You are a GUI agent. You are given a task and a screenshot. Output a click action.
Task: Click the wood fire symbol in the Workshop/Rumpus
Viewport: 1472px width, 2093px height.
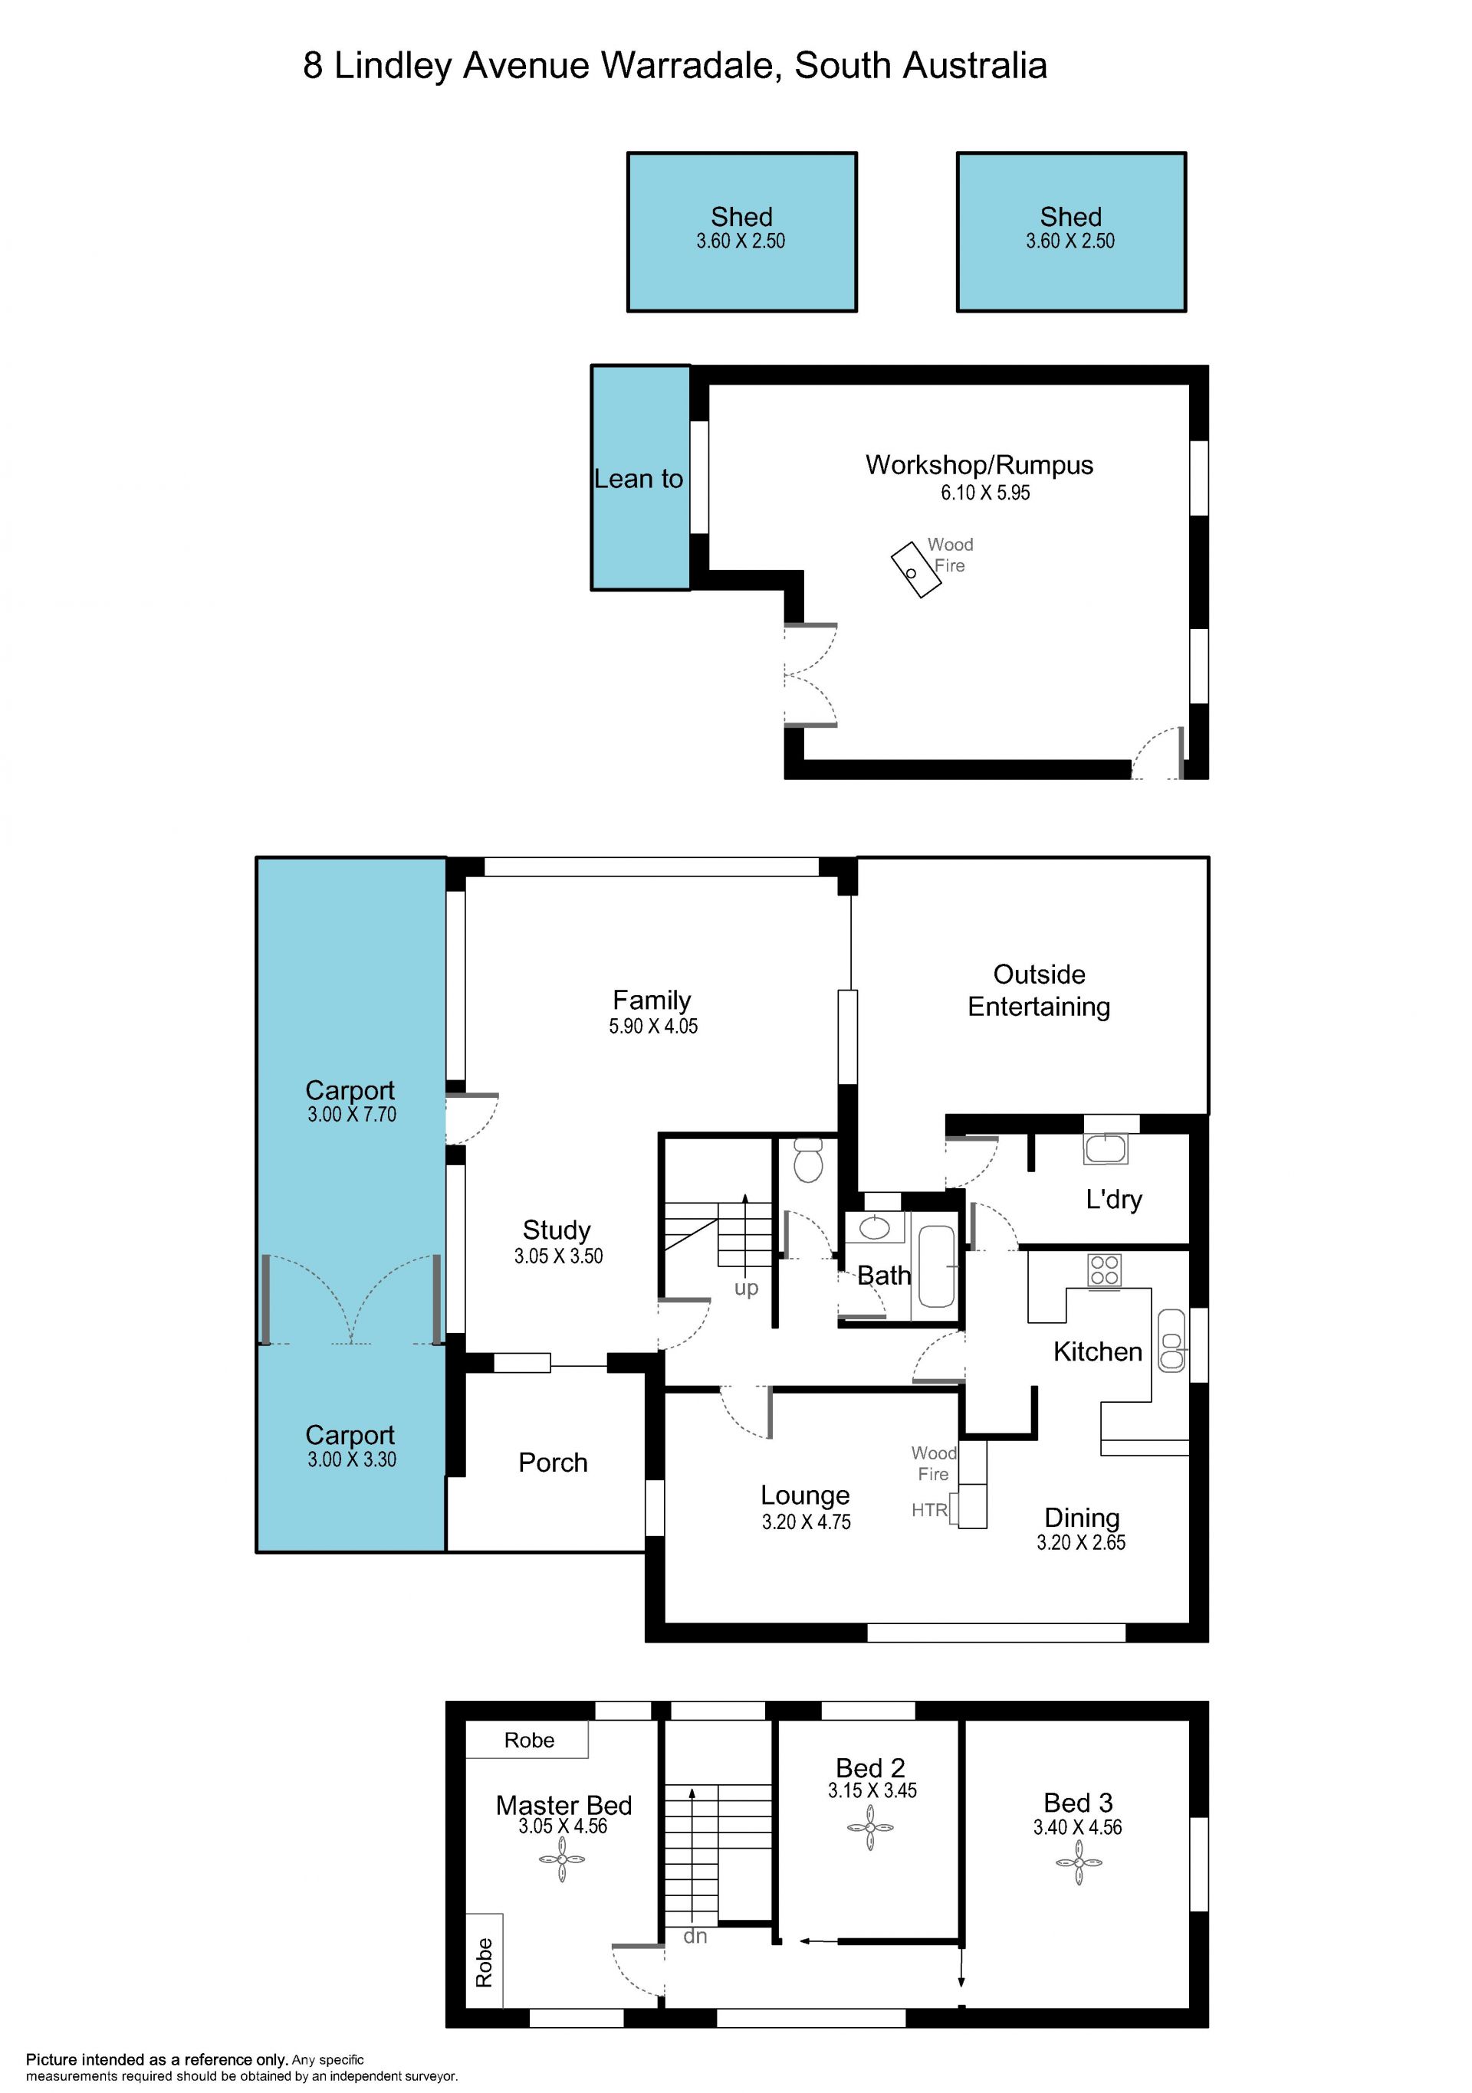coord(915,570)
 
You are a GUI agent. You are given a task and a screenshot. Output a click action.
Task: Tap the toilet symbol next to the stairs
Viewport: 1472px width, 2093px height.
coord(809,1161)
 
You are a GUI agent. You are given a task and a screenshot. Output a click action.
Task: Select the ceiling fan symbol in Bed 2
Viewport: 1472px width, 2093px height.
coord(870,1828)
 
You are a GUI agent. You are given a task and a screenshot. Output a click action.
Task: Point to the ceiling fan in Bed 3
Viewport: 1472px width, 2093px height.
coord(1079,1864)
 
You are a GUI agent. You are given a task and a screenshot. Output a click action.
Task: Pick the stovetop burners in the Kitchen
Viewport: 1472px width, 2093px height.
coord(1105,1270)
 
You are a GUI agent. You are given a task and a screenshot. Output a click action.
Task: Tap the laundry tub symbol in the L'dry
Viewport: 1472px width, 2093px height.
coord(1106,1148)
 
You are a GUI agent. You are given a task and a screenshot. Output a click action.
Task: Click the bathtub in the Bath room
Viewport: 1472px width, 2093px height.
coord(936,1266)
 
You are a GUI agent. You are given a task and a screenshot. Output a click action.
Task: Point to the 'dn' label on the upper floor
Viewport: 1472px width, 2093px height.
coord(695,1935)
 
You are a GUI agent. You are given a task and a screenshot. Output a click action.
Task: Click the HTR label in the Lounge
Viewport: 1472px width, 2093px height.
coord(929,1511)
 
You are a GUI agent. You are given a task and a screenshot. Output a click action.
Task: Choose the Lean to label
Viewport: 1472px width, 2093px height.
coord(639,480)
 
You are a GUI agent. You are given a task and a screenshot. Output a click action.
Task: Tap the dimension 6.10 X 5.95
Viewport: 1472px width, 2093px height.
coord(985,493)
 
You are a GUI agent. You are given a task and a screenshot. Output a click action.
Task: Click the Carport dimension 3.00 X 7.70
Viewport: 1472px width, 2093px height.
coord(352,1114)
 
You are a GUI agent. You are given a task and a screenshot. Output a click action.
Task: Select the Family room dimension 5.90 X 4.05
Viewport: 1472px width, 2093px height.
coord(653,1027)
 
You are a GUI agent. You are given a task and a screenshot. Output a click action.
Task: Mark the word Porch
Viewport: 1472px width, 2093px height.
coord(553,1463)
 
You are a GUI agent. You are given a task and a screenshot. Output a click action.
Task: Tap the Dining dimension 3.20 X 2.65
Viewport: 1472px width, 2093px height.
coord(1081,1542)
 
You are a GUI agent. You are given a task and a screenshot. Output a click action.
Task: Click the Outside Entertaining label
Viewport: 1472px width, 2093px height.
coord(1039,991)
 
